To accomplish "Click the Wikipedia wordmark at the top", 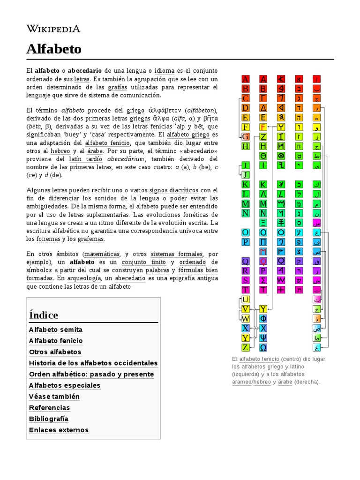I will (53, 29).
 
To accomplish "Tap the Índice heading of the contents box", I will (44, 315).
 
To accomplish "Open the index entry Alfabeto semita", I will (55, 330).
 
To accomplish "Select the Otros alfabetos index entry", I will (55, 352).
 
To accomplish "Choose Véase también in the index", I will (54, 397).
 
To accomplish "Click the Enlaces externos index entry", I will (59, 430).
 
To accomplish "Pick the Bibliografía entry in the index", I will (48, 419).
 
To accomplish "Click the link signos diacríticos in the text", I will (173, 190).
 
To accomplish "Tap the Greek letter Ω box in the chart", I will (263, 348).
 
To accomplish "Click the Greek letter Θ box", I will (263, 156).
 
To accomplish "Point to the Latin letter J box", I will (245, 175).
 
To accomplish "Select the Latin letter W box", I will (245, 319).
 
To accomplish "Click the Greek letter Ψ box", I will (263, 338).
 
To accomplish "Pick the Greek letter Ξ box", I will (263, 223).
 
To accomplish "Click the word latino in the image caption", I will (297, 366).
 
